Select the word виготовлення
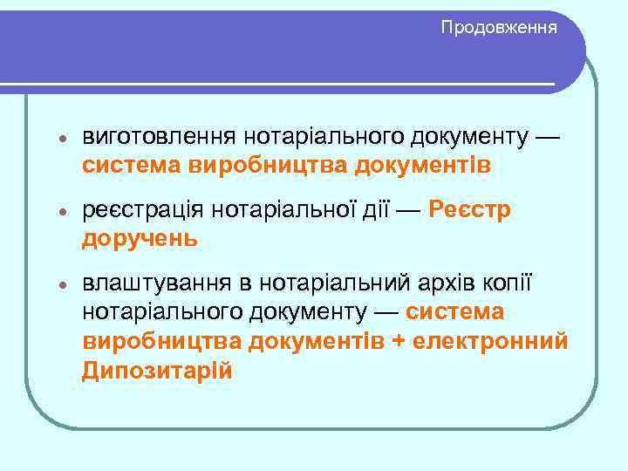(x=159, y=138)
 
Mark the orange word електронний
(x=492, y=341)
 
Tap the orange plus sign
(x=398, y=342)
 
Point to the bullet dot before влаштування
(x=53, y=287)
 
